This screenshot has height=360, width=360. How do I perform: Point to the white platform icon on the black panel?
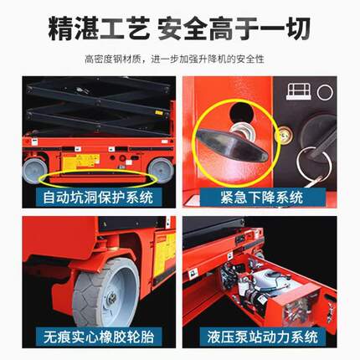296,90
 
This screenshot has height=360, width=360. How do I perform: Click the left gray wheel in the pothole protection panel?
36,171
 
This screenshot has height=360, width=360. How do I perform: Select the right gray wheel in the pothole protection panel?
161,170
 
